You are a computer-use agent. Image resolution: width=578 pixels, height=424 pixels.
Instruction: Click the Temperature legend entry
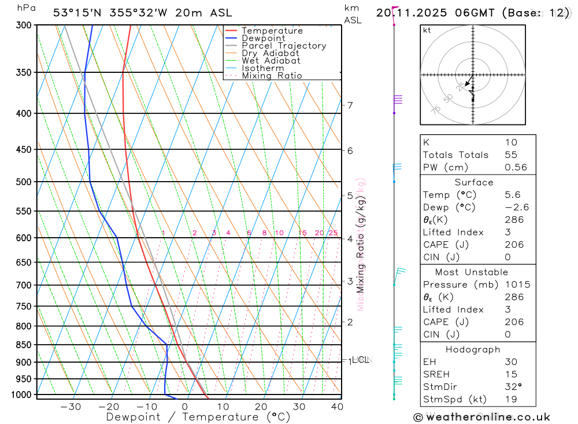(x=272, y=31)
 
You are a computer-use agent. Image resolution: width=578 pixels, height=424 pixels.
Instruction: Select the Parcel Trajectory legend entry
(x=284, y=46)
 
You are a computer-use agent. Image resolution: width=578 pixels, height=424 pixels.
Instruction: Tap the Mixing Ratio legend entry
(x=272, y=76)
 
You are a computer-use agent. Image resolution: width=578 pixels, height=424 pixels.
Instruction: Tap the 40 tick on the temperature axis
(x=336, y=407)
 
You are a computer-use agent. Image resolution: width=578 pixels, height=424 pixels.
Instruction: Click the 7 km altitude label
(x=350, y=105)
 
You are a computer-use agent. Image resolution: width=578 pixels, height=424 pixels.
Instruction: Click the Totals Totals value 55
(x=511, y=154)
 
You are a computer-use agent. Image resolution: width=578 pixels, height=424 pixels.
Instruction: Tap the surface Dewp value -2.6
(x=516, y=207)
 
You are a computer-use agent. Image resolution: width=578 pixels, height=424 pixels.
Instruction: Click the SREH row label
(x=436, y=374)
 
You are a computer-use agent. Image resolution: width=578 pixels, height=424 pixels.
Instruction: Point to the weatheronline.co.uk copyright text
(x=481, y=416)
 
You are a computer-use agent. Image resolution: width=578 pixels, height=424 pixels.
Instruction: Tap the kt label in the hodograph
(x=427, y=31)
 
